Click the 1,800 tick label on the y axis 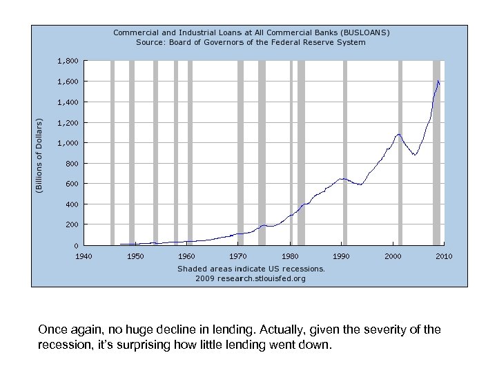[x=67, y=61]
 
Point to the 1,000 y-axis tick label [x=67, y=143]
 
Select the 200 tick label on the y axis [x=71, y=224]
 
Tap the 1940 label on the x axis [x=84, y=256]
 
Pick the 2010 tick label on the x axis [x=444, y=256]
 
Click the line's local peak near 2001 [x=398, y=134]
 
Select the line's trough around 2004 [x=415, y=154]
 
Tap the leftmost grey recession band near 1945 [x=112, y=152]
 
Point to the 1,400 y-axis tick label [x=67, y=102]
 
